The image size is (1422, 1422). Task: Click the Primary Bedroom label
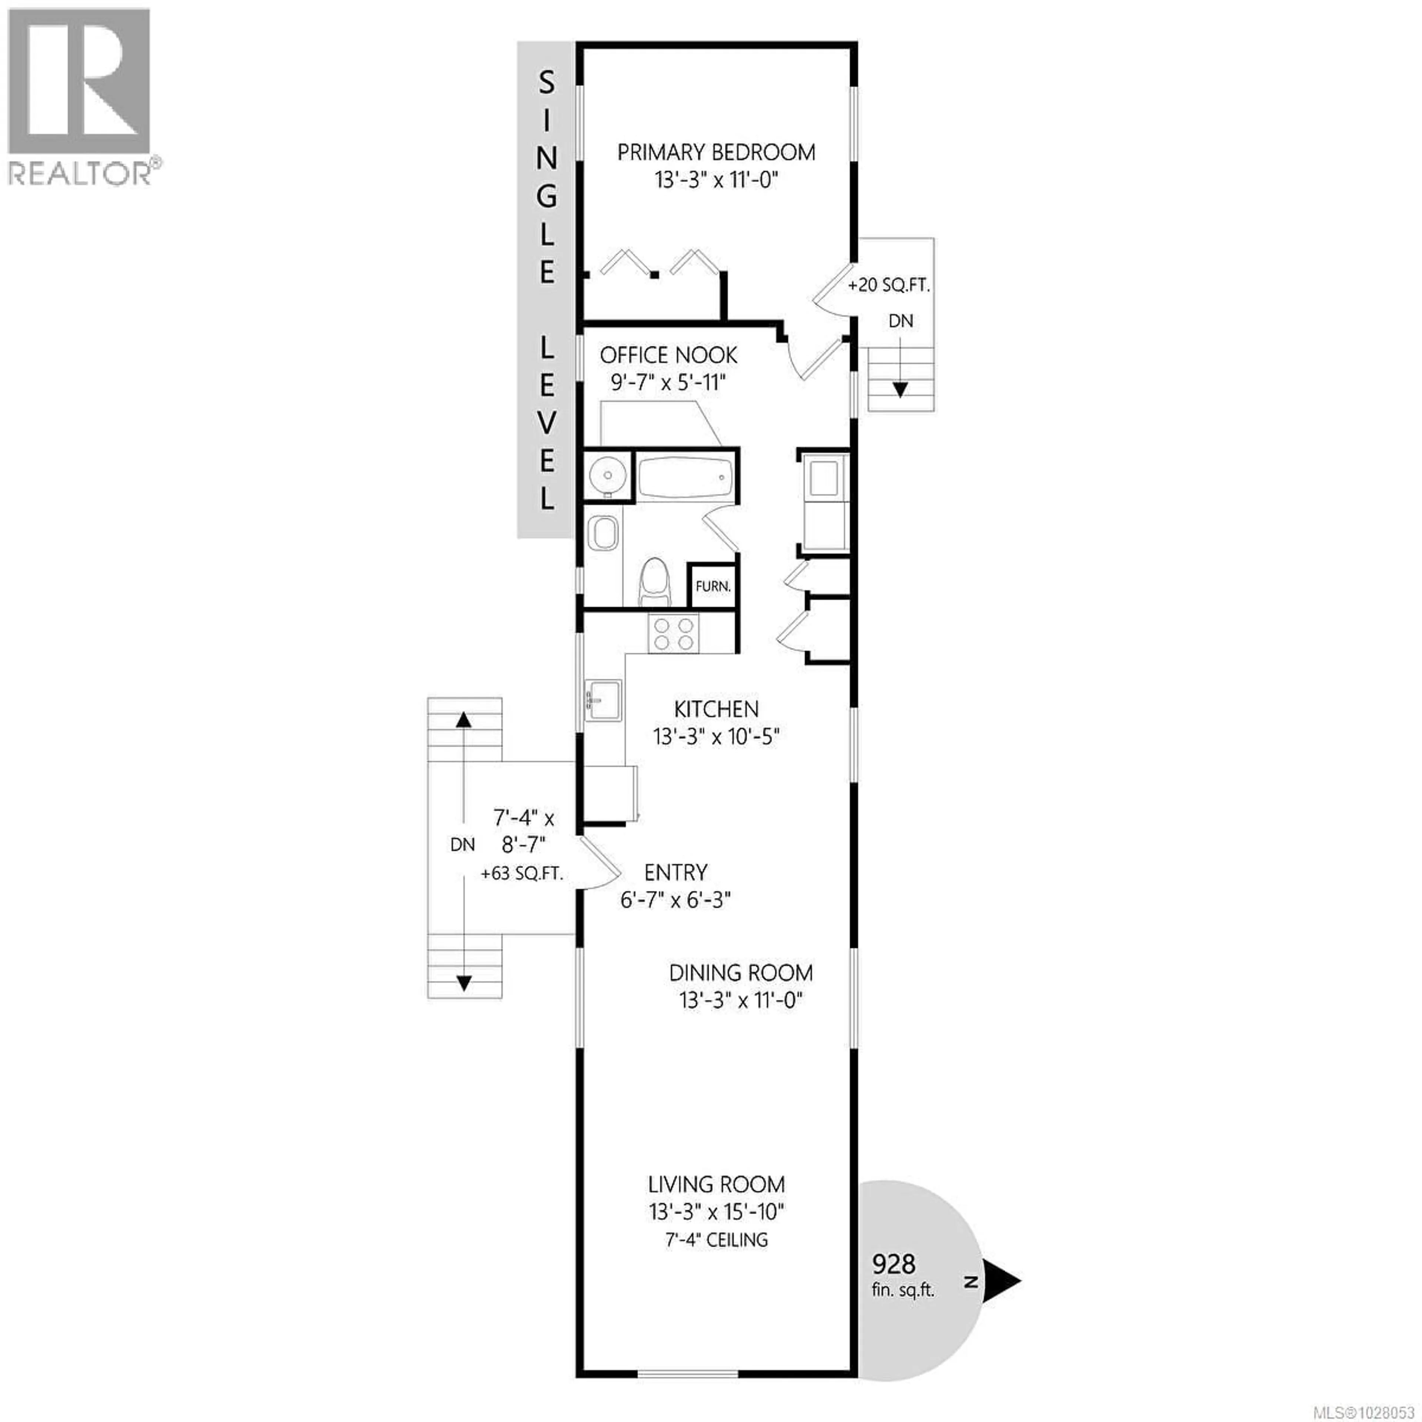tap(715, 152)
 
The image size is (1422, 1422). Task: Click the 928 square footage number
tap(894, 1264)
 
